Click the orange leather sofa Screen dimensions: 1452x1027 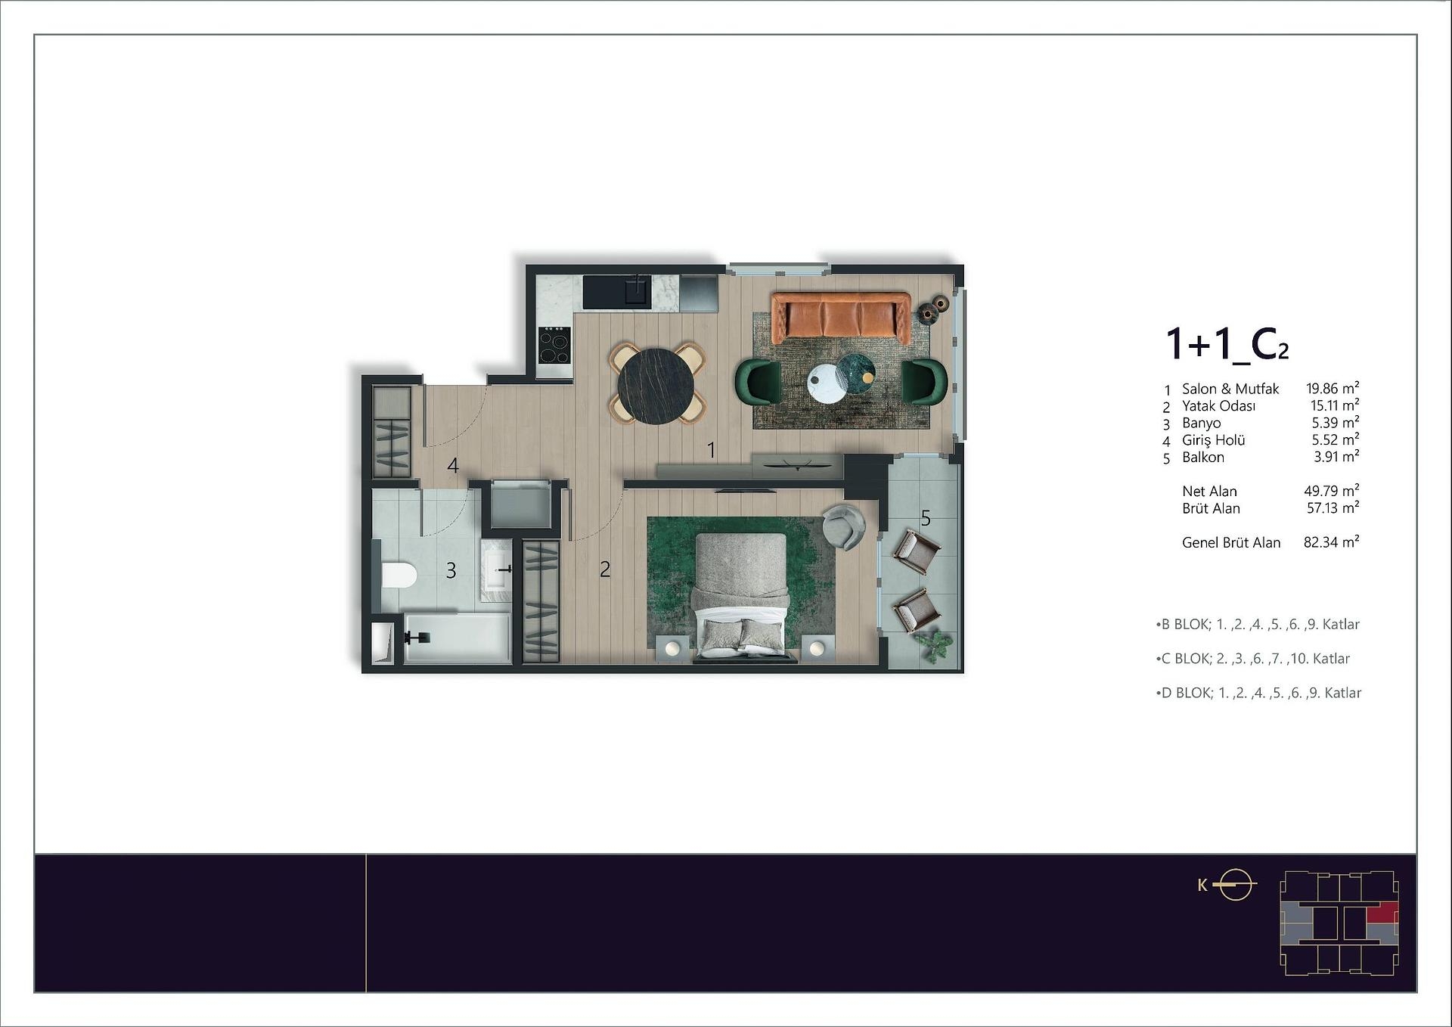(x=840, y=317)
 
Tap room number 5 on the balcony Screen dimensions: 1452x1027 (x=926, y=518)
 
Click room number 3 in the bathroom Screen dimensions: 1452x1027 (x=451, y=570)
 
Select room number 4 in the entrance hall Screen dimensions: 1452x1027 (x=452, y=465)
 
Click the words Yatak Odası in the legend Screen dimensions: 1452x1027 (x=1218, y=405)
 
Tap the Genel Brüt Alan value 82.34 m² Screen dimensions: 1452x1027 (x=1332, y=541)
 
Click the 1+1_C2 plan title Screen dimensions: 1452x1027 (x=1227, y=344)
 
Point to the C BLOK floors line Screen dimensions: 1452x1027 (x=1253, y=659)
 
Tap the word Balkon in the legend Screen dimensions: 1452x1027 (x=1203, y=457)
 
